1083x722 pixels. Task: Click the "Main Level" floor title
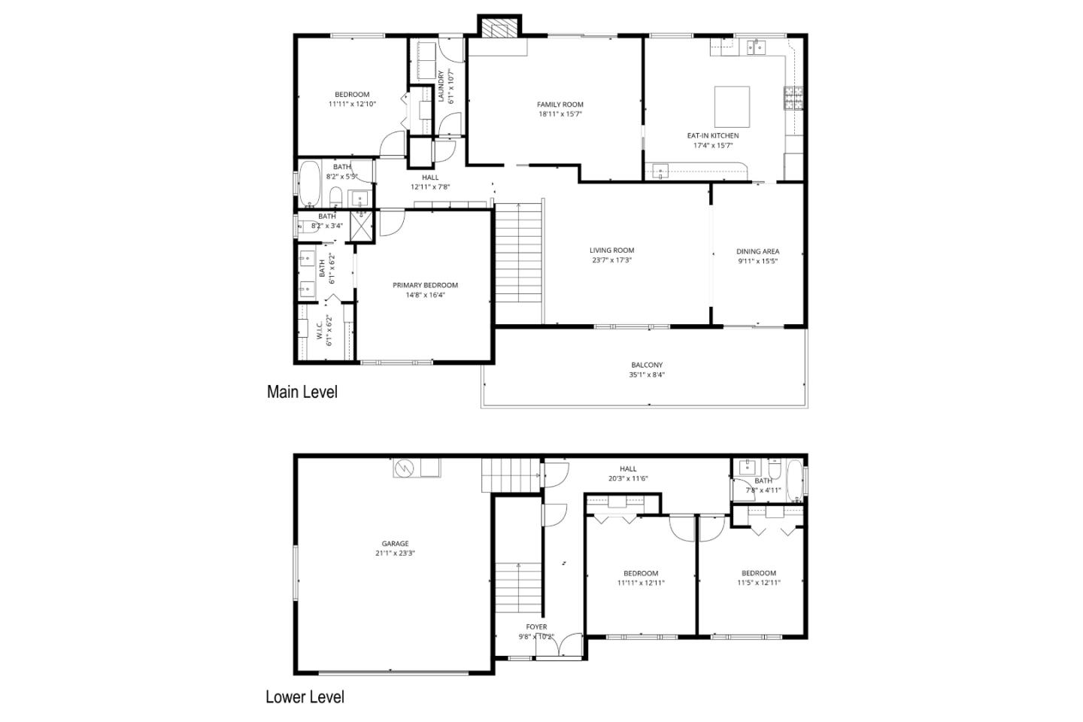pos(302,392)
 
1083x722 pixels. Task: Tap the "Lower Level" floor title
pos(305,697)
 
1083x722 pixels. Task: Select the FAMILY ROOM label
pos(560,105)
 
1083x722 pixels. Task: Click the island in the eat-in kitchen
pos(732,106)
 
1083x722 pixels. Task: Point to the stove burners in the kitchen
pos(793,98)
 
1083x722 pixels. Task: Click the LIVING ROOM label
pos(611,250)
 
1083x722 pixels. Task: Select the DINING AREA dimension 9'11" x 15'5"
pos(757,262)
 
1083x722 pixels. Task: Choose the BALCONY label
pos(647,365)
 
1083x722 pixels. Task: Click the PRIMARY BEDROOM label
pos(425,285)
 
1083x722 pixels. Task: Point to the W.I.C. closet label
pos(319,331)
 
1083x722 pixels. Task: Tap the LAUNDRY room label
pos(441,86)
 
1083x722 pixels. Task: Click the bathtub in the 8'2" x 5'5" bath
pos(309,184)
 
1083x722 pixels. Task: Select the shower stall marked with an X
pos(363,226)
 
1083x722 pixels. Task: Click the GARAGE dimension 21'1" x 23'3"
pos(395,554)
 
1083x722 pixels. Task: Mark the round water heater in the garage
pos(405,468)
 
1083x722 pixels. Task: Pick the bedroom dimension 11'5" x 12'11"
pos(758,582)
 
